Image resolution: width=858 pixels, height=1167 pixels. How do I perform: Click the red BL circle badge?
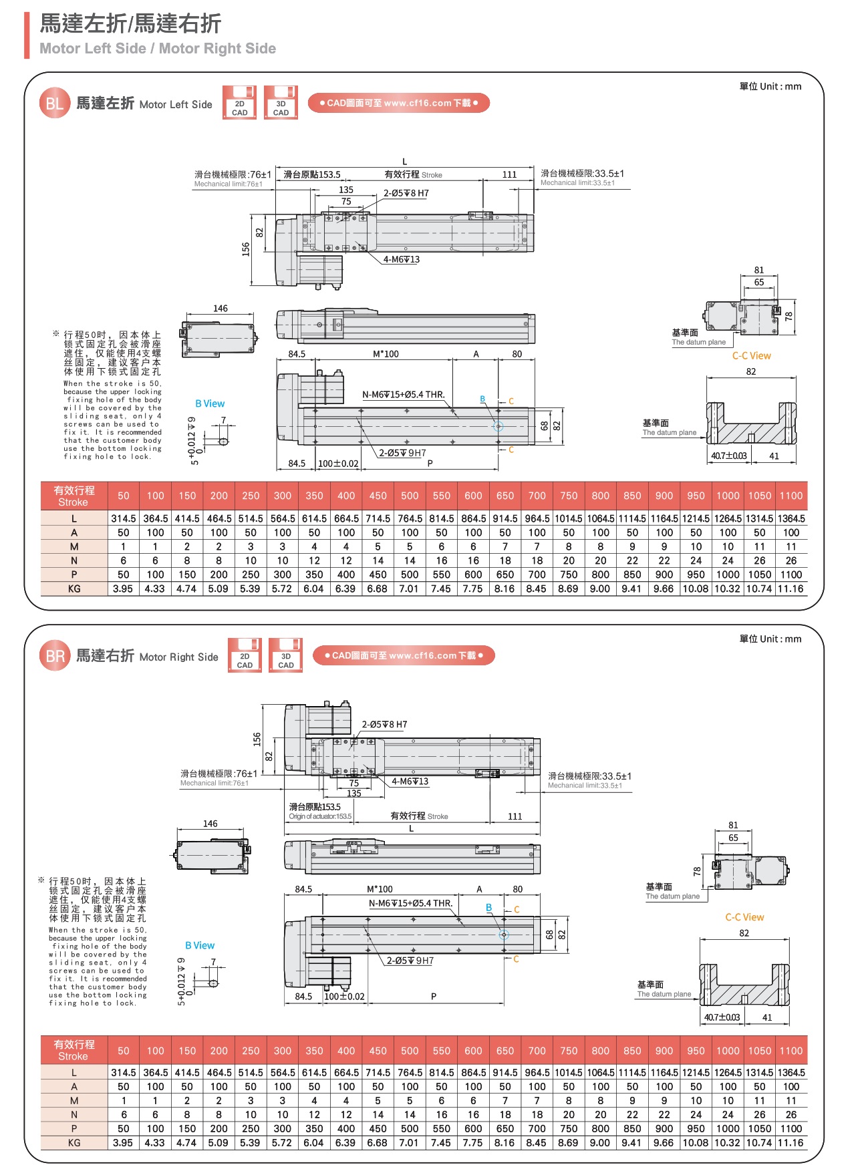click(55, 104)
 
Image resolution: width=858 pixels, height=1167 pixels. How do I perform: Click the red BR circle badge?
click(55, 656)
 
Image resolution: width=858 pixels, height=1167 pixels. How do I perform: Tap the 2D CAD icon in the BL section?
click(239, 103)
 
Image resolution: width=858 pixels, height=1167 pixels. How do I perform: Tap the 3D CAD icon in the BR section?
click(285, 655)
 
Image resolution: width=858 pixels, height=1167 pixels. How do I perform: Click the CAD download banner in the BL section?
click(399, 103)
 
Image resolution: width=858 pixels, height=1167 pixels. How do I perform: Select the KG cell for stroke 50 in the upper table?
click(123, 589)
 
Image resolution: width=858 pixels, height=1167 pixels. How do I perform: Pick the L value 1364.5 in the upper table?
click(791, 518)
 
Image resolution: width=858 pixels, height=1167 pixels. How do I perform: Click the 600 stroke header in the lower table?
click(473, 1051)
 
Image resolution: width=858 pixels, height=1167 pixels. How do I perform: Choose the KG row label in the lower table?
click(74, 1142)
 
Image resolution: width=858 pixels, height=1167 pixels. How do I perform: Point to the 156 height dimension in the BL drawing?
click(246, 249)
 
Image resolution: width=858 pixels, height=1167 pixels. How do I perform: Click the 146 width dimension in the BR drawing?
click(210, 824)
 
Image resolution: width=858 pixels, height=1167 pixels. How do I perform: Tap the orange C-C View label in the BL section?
click(751, 356)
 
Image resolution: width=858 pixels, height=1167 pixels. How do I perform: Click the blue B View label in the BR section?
click(200, 945)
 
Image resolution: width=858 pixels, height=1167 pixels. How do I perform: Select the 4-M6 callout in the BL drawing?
click(401, 260)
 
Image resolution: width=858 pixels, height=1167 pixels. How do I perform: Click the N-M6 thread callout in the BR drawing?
click(410, 903)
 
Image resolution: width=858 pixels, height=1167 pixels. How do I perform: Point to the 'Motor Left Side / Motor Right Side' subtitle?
click(158, 48)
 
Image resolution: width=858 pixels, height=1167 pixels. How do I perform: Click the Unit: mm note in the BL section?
click(770, 86)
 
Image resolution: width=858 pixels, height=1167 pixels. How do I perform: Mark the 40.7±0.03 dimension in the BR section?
click(722, 1017)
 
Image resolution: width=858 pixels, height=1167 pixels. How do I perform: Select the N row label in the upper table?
click(74, 560)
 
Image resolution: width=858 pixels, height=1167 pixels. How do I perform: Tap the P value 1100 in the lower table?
click(791, 1128)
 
